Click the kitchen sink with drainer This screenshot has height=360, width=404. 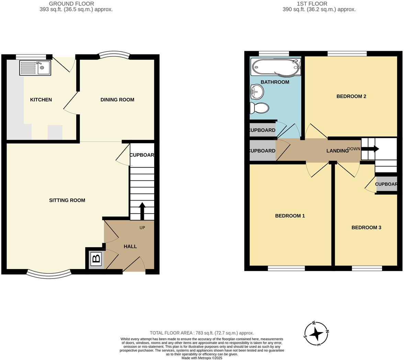pyautogui.click(x=35, y=68)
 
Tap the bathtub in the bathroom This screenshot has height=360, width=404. pyautogui.click(x=276, y=67)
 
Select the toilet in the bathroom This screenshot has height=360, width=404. pyautogui.click(x=259, y=108)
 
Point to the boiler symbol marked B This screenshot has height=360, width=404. pyautogui.click(x=97, y=258)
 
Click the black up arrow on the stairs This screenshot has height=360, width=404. pyautogui.click(x=142, y=210)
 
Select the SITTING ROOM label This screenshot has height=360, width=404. pyautogui.click(x=67, y=200)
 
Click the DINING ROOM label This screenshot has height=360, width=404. pyautogui.click(x=117, y=100)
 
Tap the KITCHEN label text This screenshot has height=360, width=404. pyautogui.click(x=41, y=100)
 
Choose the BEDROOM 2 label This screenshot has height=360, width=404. pyautogui.click(x=351, y=96)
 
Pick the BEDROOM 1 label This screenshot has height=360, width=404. pyautogui.click(x=290, y=216)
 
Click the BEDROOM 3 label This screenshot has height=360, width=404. pyautogui.click(x=366, y=227)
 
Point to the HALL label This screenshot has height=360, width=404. pyautogui.click(x=130, y=246)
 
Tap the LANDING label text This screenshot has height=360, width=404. pyautogui.click(x=337, y=151)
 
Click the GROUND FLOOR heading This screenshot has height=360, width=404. pyautogui.click(x=71, y=4)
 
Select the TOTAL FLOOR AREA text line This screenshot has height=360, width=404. pyautogui.click(x=202, y=333)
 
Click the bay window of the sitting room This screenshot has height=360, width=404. pyautogui.click(x=49, y=273)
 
